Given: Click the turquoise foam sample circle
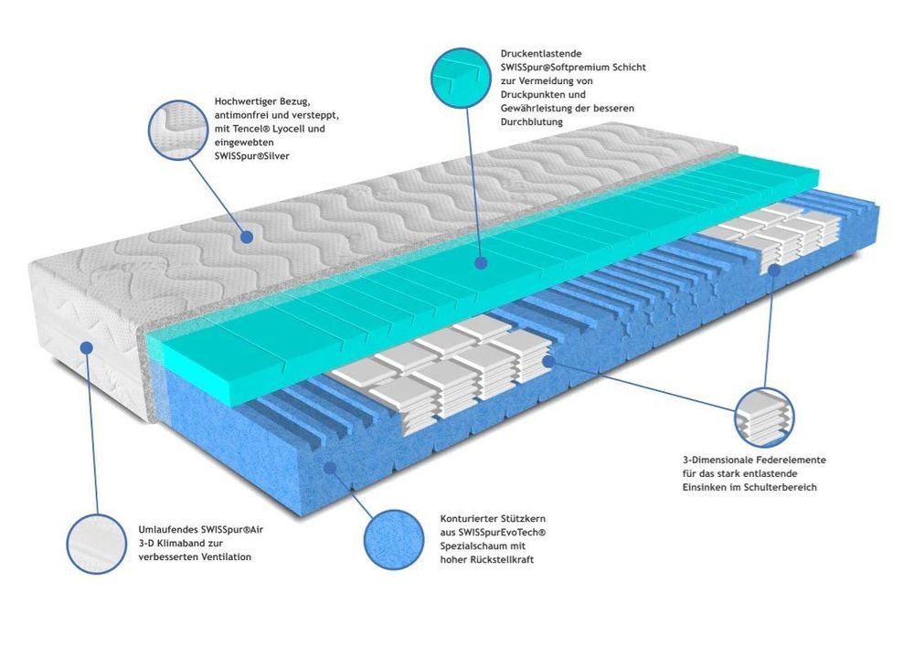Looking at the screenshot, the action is tap(461, 78).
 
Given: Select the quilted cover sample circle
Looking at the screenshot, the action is tap(178, 130).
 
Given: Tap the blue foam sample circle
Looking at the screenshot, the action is tap(394, 540).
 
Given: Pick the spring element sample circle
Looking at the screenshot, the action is tap(763, 418).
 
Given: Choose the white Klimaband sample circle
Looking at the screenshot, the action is tap(96, 544).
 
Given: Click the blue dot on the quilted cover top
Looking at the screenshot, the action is tap(247, 237).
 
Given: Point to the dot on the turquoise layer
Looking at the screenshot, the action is tap(481, 263).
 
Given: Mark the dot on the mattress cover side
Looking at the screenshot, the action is tap(86, 348).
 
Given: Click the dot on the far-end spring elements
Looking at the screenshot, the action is tap(774, 270).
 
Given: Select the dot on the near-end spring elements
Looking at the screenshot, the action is tap(547, 361).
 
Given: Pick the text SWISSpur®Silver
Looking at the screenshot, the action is tap(252, 156).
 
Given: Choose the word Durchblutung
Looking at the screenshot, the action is tap(532, 122).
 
